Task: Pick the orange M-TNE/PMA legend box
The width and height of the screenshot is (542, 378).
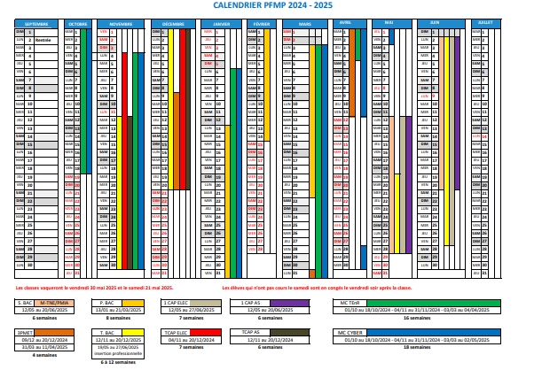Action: click(x=54, y=303)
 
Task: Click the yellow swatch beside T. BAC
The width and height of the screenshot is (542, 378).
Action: click(x=131, y=332)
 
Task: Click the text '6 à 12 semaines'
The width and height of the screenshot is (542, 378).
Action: click(x=117, y=362)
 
